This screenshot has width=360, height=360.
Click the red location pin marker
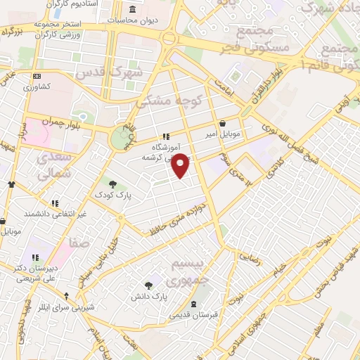point(181,166)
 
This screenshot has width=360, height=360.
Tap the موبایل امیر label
point(223,133)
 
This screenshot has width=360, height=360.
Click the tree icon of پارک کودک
point(112,184)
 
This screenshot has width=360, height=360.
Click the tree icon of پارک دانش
point(148,285)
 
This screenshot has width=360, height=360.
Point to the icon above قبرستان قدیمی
point(194,303)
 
